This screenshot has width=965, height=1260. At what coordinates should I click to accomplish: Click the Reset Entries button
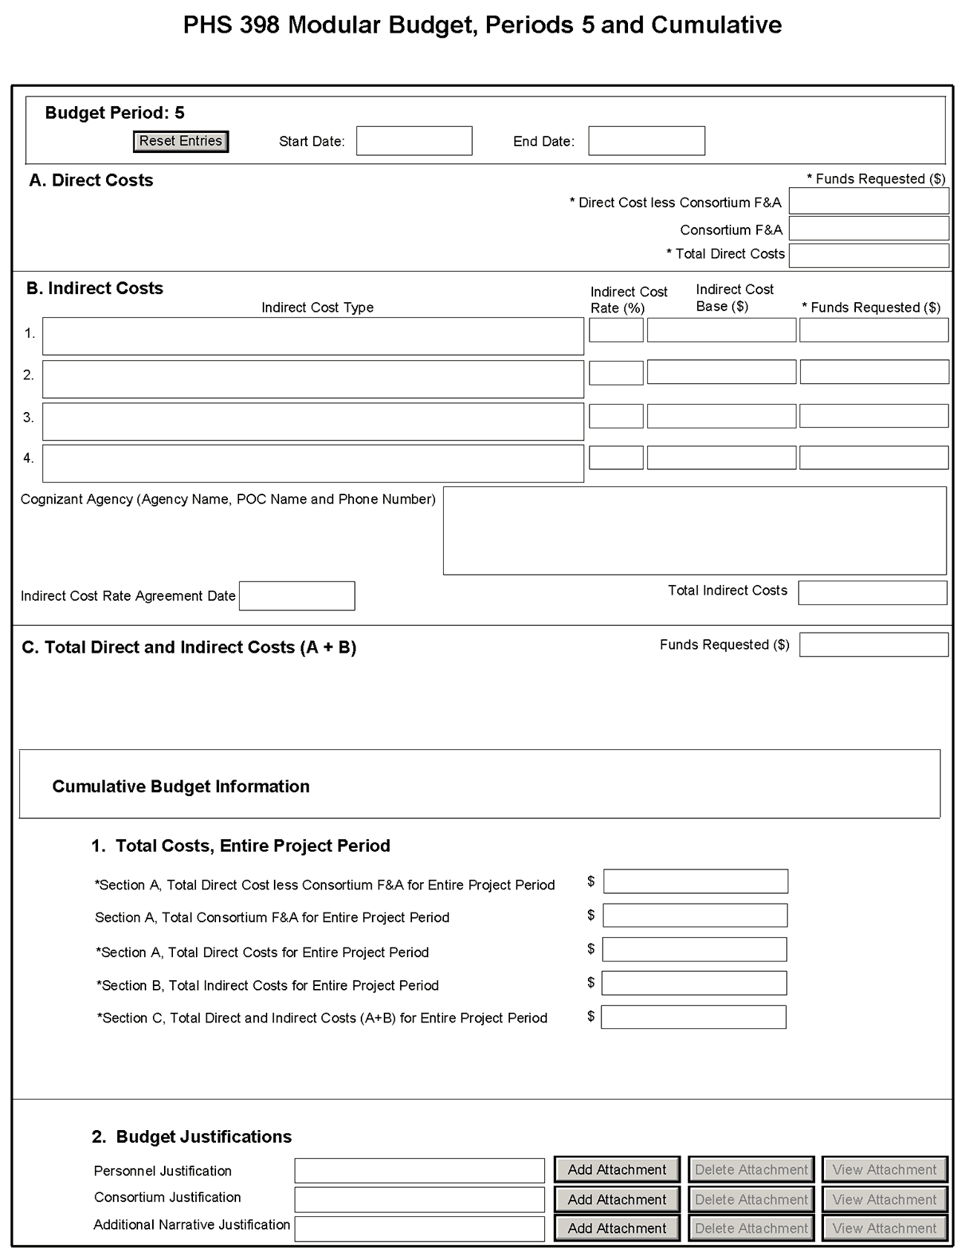coord(180,141)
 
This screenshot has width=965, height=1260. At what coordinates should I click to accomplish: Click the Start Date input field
coord(414,141)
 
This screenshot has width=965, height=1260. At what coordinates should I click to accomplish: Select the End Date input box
coord(647,141)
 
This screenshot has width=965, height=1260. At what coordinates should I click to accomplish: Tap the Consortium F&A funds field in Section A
coord(868,229)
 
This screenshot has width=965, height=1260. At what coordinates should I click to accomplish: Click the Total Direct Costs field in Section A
coord(868,255)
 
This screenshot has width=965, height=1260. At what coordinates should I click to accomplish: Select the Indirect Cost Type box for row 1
coord(313,336)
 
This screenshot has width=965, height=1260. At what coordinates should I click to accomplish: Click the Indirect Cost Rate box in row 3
coord(616,416)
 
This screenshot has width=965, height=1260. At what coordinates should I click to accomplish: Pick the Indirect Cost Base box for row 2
coord(722,372)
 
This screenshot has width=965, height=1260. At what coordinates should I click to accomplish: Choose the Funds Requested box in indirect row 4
coord(874,457)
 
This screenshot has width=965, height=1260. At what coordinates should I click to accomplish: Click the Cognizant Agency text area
coord(695,531)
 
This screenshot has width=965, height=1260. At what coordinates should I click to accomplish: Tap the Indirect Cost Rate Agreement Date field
coord(297,596)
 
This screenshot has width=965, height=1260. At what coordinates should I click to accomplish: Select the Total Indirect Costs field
coord(872,593)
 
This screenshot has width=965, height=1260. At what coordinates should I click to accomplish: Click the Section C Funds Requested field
coord(874,644)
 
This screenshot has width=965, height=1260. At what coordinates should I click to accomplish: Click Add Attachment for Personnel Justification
coord(617,1169)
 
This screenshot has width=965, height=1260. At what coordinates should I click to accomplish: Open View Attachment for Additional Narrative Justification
coord(884,1228)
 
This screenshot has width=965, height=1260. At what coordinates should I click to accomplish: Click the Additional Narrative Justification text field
coord(419,1228)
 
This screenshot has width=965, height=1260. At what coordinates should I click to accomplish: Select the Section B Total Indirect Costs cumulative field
coord(694,983)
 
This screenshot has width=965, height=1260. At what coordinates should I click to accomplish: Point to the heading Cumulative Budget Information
coord(180,786)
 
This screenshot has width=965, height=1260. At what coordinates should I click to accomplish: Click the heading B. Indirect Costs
coord(95,288)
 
